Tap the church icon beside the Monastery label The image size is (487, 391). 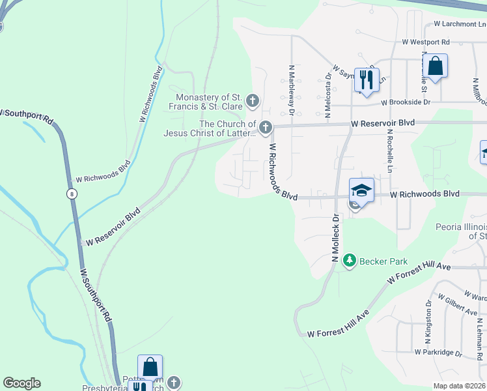(x=253, y=102)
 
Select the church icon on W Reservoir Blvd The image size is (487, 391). (x=265, y=128)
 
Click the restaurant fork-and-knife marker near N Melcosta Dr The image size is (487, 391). (x=367, y=80)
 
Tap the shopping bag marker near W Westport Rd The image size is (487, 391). (x=436, y=66)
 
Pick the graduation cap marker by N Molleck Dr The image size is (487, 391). (x=361, y=190)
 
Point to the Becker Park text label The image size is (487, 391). (x=385, y=261)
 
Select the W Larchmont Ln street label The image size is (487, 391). (x=455, y=25)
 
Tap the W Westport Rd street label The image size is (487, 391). (x=426, y=42)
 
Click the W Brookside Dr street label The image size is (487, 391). (x=406, y=102)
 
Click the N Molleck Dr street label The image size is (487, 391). (x=335, y=238)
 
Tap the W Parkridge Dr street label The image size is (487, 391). (x=438, y=353)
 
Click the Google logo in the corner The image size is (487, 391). (x=21, y=383)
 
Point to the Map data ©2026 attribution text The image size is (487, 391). (x=459, y=386)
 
